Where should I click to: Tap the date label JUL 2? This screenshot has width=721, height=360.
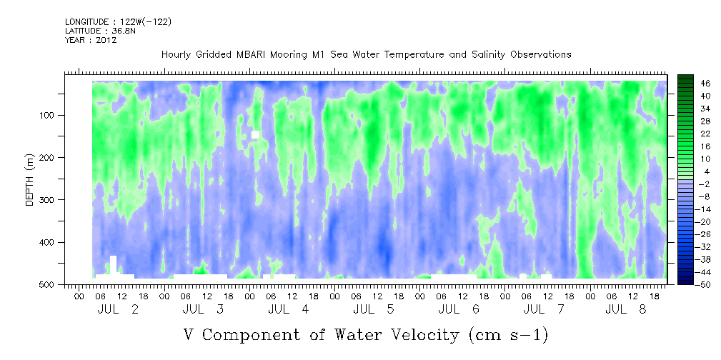[x=118, y=309]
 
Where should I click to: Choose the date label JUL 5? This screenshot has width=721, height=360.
[x=374, y=309]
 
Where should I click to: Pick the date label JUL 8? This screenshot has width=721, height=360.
[x=626, y=309]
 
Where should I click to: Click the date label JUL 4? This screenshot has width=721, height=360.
[x=288, y=309]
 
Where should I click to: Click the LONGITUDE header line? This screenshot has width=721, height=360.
[x=119, y=21]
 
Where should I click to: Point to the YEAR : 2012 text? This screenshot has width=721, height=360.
[x=91, y=40]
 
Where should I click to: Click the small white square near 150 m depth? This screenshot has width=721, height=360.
[x=256, y=134]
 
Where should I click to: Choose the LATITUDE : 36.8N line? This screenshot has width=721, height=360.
[x=101, y=31]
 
